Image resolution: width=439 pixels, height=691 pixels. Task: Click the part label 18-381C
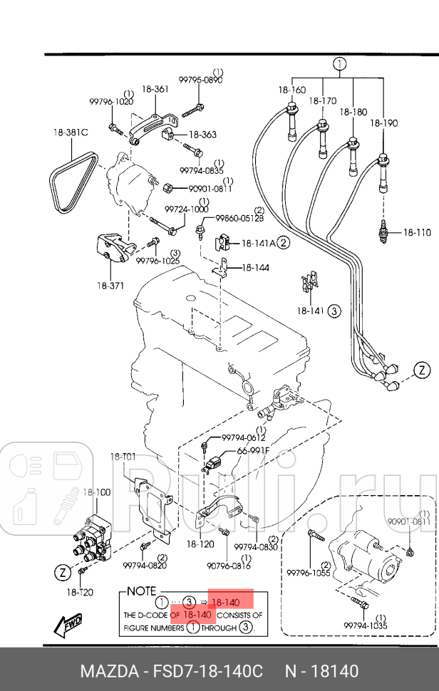(x=70, y=132)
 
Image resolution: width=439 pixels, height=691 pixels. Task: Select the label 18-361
(x=155, y=90)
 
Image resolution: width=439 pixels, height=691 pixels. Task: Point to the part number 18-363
(x=203, y=134)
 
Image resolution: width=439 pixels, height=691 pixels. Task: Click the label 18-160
(x=292, y=90)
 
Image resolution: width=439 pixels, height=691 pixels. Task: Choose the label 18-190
(x=384, y=123)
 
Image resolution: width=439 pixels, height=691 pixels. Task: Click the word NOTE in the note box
(x=141, y=591)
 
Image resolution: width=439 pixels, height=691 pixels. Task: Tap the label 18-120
(x=200, y=544)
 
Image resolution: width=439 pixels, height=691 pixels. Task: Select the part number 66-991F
(x=254, y=450)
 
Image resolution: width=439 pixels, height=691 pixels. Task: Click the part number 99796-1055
(x=309, y=572)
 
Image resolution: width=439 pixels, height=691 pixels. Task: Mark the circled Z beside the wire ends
(x=423, y=370)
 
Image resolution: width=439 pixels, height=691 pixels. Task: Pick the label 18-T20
(x=80, y=591)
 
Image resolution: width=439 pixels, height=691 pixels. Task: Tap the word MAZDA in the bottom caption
(x=105, y=671)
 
